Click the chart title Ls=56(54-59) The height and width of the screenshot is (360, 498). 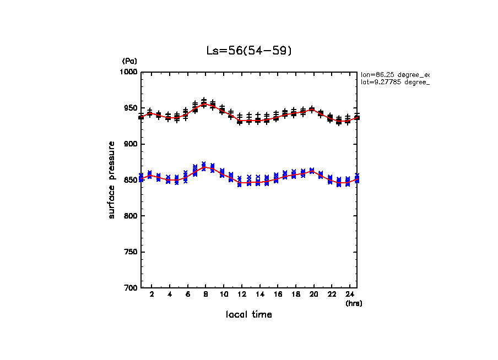click(x=248, y=51)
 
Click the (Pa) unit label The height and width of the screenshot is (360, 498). click(x=129, y=61)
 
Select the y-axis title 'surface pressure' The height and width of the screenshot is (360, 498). click(x=112, y=180)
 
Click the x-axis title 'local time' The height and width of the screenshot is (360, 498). click(x=248, y=315)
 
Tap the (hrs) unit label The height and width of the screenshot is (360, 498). click(x=354, y=303)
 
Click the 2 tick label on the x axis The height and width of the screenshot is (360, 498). click(x=151, y=294)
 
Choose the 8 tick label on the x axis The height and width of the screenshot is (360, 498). click(x=205, y=294)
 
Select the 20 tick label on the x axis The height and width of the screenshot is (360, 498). click(x=313, y=294)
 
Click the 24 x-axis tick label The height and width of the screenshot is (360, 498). click(x=349, y=294)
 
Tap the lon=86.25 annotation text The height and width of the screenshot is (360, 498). click(x=394, y=74)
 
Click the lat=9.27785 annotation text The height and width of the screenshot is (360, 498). click(x=394, y=82)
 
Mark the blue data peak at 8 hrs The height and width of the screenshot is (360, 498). click(x=204, y=166)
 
